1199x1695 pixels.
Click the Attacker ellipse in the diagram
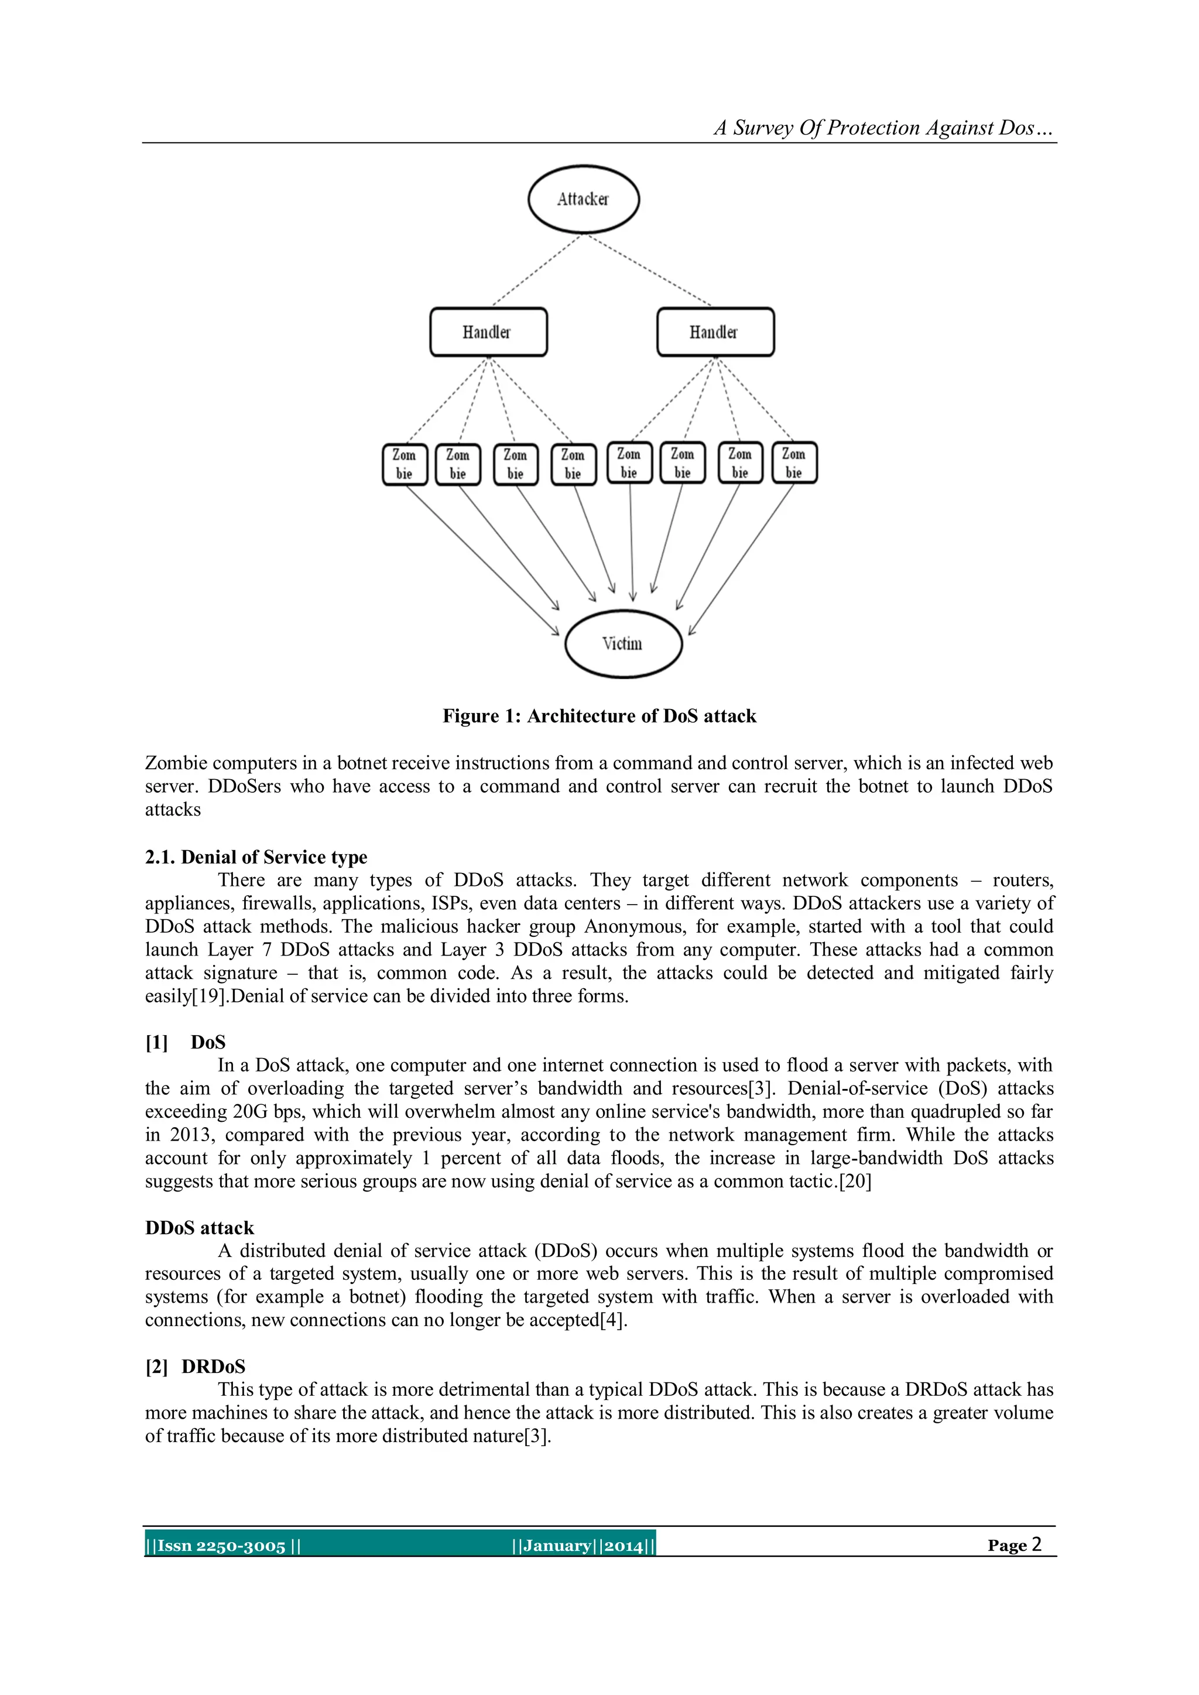click(583, 199)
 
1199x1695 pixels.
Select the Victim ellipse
click(623, 643)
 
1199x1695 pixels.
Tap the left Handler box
click(488, 332)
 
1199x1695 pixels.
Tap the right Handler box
click(715, 332)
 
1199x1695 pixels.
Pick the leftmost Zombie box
click(405, 464)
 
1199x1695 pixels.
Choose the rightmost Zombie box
click(794, 463)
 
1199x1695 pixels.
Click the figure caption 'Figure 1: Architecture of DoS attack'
click(599, 716)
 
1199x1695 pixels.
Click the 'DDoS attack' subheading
click(199, 1228)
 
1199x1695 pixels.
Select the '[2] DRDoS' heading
click(196, 1367)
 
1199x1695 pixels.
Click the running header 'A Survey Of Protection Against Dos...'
click(882, 128)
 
